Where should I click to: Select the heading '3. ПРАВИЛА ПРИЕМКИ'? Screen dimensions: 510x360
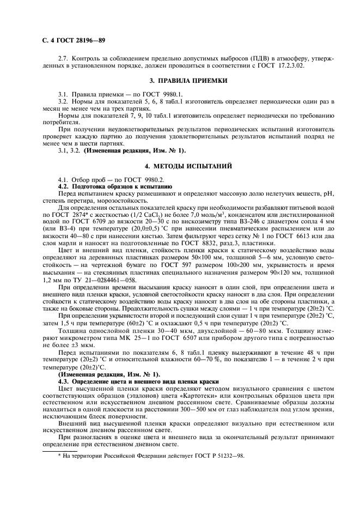pos(180,81)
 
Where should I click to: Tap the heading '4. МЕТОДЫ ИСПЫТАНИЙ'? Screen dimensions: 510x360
pos(180,165)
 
